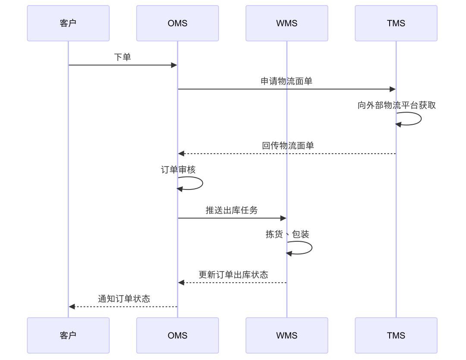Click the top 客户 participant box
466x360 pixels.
click(68, 23)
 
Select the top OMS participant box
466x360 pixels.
click(177, 23)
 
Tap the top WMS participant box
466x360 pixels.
click(287, 23)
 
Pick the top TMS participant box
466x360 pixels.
click(396, 23)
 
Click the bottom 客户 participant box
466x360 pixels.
click(68, 335)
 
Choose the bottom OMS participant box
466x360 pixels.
click(177, 335)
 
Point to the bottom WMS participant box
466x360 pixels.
click(287, 335)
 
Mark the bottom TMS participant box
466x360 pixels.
click(396, 335)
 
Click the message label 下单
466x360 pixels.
click(123, 57)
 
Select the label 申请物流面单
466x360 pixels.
click(287, 81)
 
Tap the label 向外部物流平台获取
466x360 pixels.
click(397, 105)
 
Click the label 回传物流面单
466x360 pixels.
click(288, 145)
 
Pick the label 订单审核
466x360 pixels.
click(178, 170)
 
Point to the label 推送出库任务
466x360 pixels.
click(232, 210)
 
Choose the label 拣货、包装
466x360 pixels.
click(287, 234)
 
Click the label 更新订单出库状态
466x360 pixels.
click(233, 275)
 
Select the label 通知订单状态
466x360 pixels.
click(124, 299)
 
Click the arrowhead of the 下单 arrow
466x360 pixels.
click(174, 65)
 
